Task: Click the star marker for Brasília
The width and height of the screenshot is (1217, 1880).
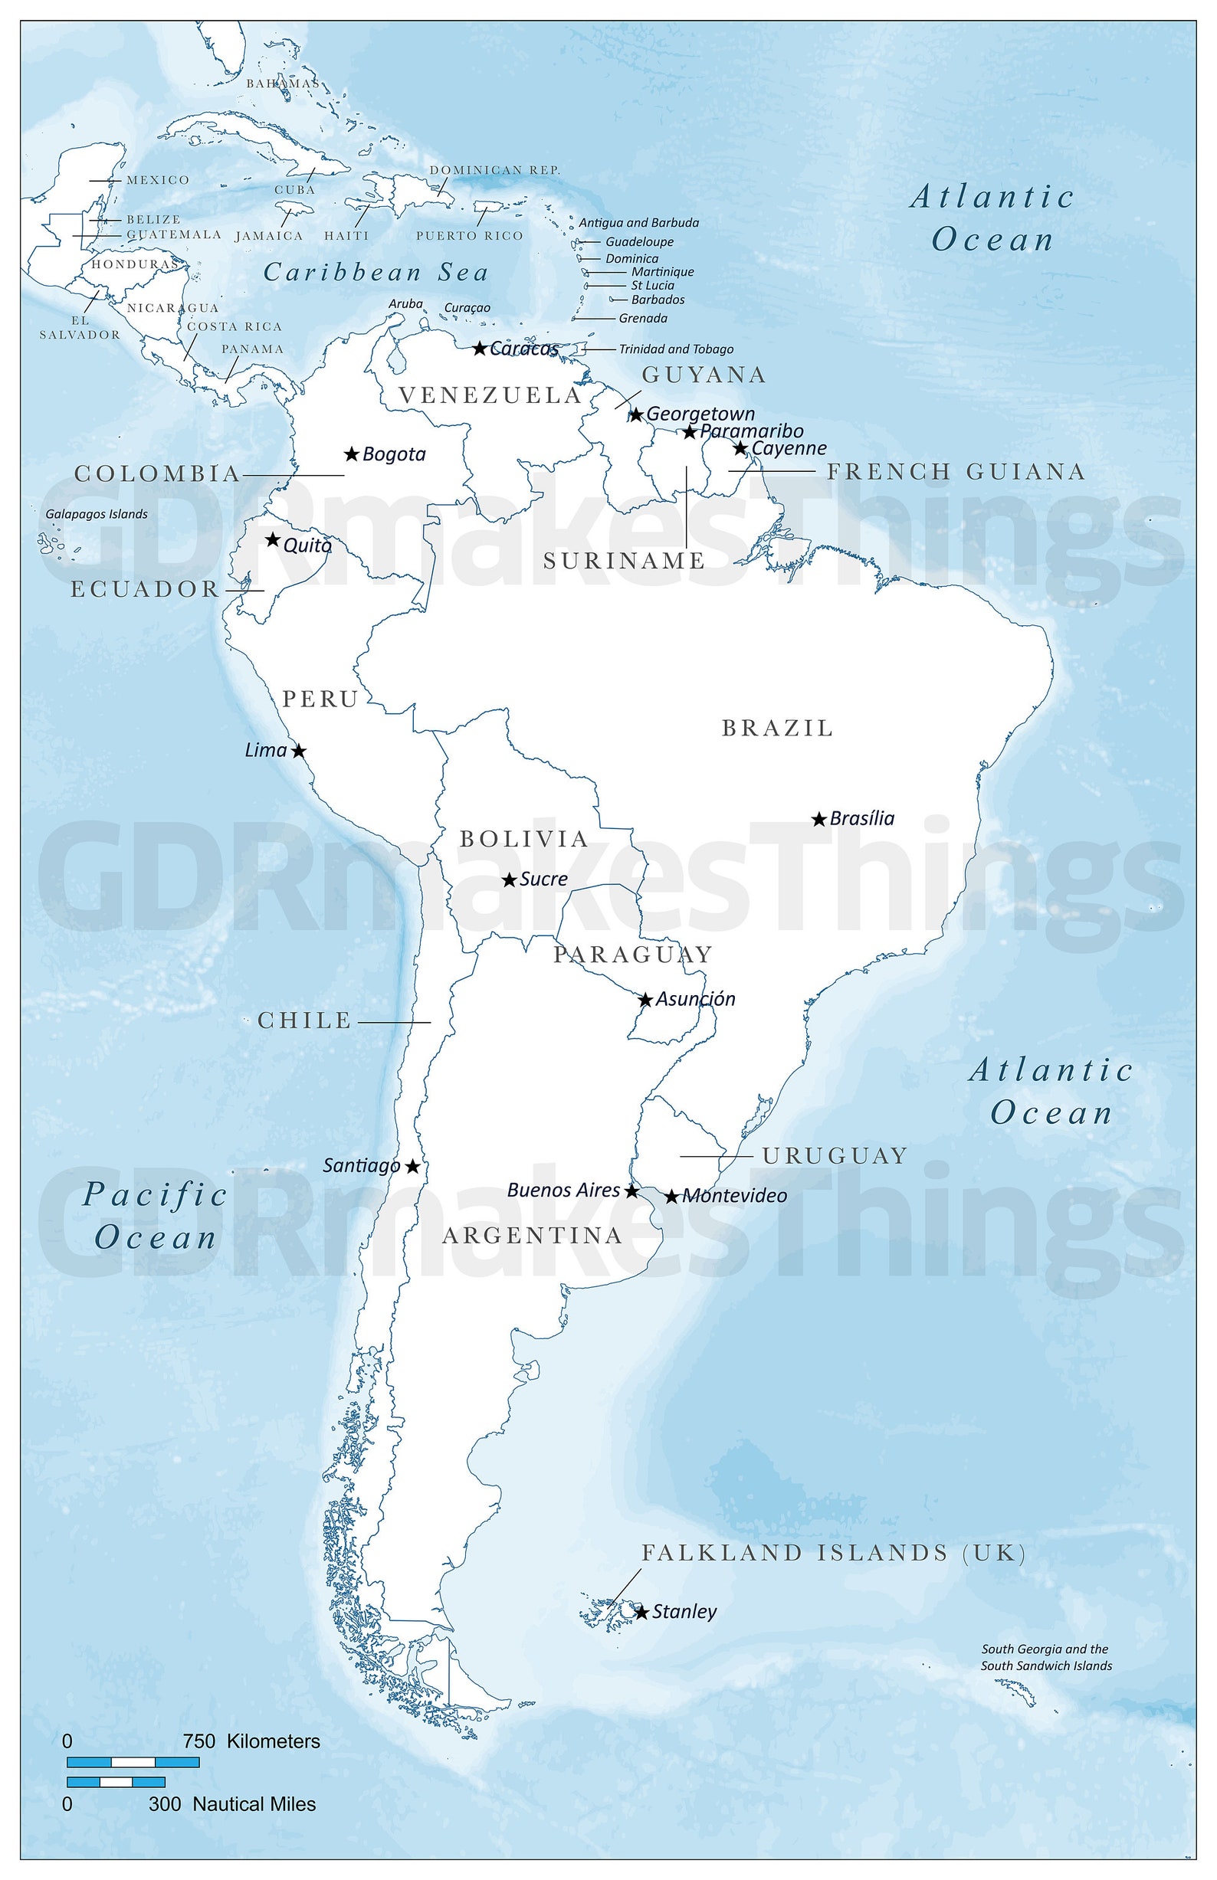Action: pyautogui.click(x=818, y=820)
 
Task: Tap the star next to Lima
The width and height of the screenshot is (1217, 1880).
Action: pyautogui.click(x=299, y=752)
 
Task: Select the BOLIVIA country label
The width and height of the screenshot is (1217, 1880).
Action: pyautogui.click(x=524, y=839)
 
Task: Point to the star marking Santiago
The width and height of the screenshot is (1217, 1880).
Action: pyautogui.click(x=412, y=1167)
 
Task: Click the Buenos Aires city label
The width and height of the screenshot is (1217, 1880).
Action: pyautogui.click(x=563, y=1190)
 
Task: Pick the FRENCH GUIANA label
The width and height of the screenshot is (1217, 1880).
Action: pyautogui.click(x=956, y=472)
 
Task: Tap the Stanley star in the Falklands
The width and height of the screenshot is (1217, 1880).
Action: pyautogui.click(x=641, y=1612)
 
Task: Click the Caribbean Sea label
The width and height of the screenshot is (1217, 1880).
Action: pyautogui.click(x=376, y=273)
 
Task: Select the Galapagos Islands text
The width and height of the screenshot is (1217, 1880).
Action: pyautogui.click(x=97, y=514)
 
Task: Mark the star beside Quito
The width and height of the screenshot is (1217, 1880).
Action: pyautogui.click(x=273, y=539)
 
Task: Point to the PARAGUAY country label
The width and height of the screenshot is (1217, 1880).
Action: pyautogui.click(x=632, y=955)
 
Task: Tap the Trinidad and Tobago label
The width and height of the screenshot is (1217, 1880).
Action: pyautogui.click(x=676, y=349)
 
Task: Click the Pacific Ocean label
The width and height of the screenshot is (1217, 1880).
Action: pyautogui.click(x=155, y=1216)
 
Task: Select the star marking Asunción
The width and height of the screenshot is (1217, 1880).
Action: pyautogui.click(x=645, y=1000)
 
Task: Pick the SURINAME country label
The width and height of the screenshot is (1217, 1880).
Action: pyautogui.click(x=624, y=561)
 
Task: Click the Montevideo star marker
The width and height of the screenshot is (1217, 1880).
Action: pyautogui.click(x=671, y=1197)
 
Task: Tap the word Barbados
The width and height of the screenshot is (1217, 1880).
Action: pyautogui.click(x=658, y=300)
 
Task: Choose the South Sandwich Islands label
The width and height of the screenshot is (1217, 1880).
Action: pyautogui.click(x=1046, y=1666)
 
